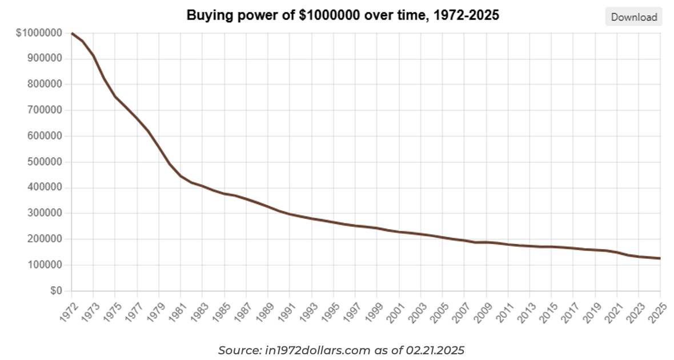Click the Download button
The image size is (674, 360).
[633, 17]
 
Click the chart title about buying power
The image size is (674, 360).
[343, 15]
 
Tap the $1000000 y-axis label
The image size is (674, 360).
[39, 33]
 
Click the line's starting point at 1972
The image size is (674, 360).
[72, 34]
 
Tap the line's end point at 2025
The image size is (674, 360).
[660, 258]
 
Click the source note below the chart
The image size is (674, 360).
[341, 350]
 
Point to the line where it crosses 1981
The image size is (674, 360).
[180, 176]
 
